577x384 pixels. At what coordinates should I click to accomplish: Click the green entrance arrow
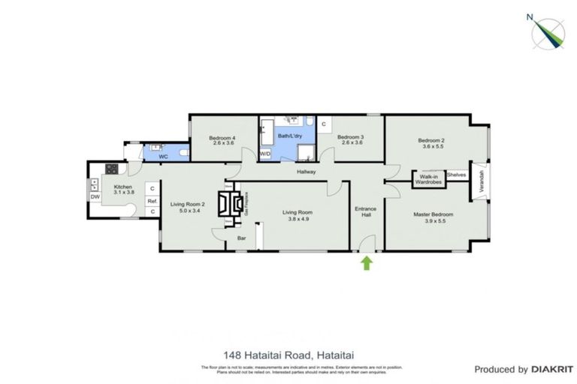(367, 262)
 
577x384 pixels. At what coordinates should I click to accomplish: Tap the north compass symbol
(549, 31)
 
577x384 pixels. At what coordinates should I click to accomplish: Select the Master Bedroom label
(434, 218)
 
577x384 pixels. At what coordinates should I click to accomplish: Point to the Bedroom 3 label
(351, 140)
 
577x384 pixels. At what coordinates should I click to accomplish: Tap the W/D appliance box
(265, 154)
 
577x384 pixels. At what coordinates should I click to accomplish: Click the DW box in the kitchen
(95, 197)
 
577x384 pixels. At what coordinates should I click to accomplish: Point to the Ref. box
(152, 200)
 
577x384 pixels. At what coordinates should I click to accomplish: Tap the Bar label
(242, 238)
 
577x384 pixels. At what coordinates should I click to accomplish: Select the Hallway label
(306, 172)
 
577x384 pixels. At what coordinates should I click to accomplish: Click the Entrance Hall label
(366, 212)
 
